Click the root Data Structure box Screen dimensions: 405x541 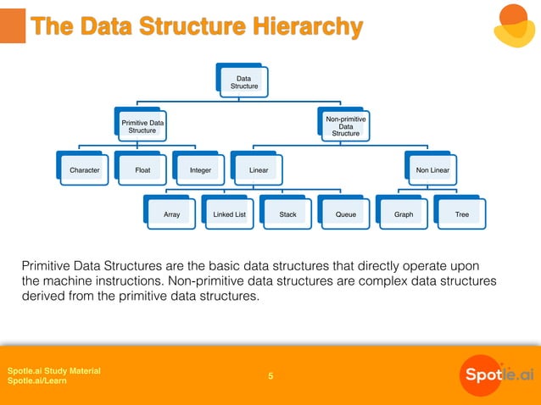[243, 81]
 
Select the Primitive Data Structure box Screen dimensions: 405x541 [142, 126]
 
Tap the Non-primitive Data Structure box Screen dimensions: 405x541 [345, 126]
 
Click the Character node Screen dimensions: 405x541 [84, 170]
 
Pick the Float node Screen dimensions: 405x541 [142, 170]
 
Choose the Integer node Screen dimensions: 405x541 [200, 170]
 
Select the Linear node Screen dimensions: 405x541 [259, 170]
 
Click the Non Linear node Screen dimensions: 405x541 [432, 170]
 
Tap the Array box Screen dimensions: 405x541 [171, 214]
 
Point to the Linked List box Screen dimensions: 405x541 [229, 214]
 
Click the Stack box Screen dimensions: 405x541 [287, 214]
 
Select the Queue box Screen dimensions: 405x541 [345, 214]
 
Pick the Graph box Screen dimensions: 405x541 [404, 214]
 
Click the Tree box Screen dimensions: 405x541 [461, 214]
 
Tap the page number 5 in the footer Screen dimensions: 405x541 [270, 376]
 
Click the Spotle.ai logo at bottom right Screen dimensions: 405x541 [497, 374]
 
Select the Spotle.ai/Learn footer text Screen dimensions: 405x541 [37, 381]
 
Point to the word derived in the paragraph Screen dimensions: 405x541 [46, 297]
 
